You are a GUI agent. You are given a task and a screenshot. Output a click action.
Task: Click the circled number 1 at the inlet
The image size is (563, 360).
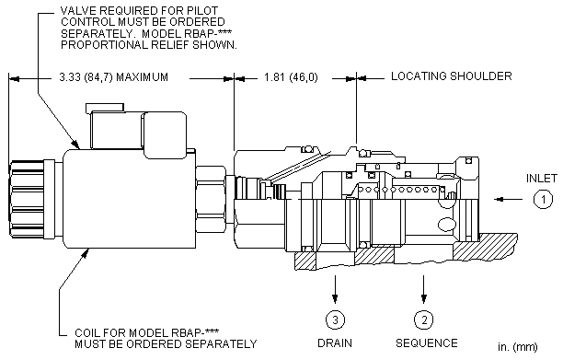pyautogui.click(x=543, y=199)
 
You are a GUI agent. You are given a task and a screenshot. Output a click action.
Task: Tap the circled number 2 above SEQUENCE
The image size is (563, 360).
pyautogui.click(x=424, y=319)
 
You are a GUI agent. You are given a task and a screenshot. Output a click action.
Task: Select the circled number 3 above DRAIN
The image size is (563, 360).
pyautogui.click(x=335, y=319)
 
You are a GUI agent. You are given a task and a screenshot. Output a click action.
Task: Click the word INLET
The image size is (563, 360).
pyautogui.click(x=542, y=179)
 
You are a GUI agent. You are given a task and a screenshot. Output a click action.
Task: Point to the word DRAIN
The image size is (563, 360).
pyautogui.click(x=335, y=343)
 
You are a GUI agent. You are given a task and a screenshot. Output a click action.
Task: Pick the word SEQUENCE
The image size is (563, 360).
pyautogui.click(x=427, y=343)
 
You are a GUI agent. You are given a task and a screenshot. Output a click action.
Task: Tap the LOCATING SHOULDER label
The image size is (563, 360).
pyautogui.click(x=452, y=76)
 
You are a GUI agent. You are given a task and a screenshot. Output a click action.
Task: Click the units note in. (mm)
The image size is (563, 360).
pyautogui.click(x=518, y=347)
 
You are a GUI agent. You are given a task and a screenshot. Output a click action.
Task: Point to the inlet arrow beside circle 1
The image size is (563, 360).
pyautogui.click(x=508, y=199)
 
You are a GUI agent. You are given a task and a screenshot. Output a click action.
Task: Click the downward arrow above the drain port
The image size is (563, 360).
pyautogui.click(x=335, y=289)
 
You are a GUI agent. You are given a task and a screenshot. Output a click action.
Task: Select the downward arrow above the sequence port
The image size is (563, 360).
pyautogui.click(x=424, y=289)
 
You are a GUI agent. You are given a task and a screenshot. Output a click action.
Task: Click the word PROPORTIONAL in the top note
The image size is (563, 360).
pyautogui.click(x=104, y=45)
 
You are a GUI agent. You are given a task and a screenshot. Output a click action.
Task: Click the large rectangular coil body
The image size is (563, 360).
pyautogui.click(x=130, y=198)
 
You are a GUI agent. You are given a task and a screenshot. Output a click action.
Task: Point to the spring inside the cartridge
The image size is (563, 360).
pyautogui.click(x=403, y=190)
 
